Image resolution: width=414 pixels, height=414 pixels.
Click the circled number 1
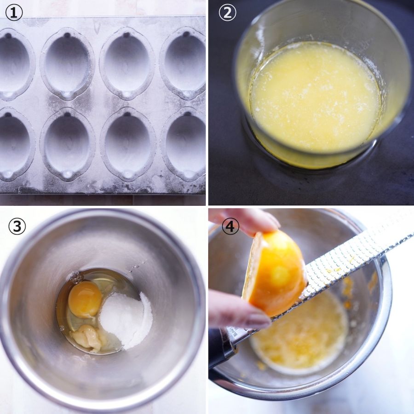[14, 13]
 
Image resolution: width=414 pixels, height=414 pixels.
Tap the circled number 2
[227, 13]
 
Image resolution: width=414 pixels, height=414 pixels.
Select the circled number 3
[17, 226]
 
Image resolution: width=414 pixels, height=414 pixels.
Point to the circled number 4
[230, 226]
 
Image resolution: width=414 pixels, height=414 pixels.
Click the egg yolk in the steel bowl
[85, 299]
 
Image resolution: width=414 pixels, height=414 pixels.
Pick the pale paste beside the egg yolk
[86, 338]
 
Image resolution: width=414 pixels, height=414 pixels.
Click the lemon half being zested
[275, 273]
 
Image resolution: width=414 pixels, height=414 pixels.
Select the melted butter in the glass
[316, 97]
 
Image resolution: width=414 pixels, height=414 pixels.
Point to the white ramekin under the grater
[299, 335]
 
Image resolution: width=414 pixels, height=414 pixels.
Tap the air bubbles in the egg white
[76, 277]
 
